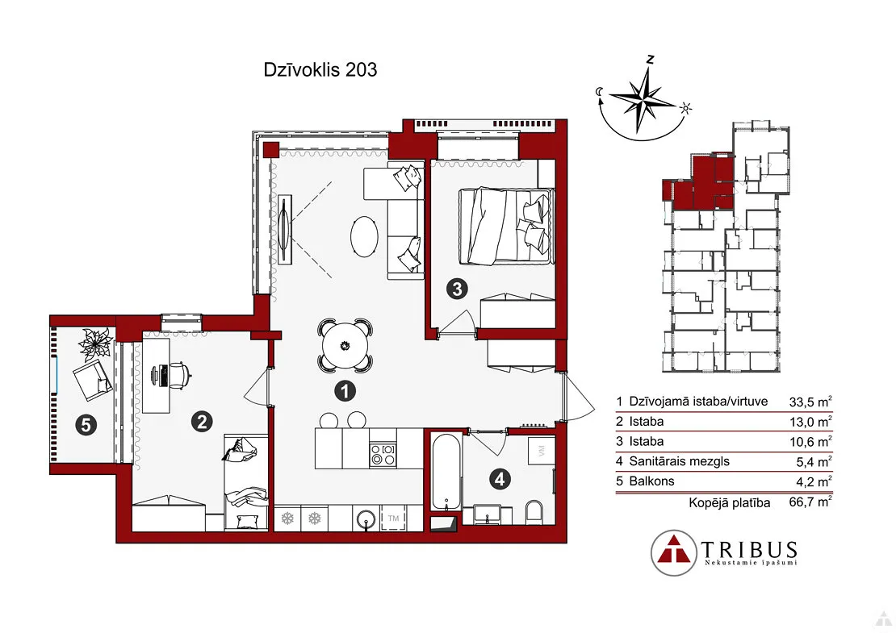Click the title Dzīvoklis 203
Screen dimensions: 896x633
click(320, 69)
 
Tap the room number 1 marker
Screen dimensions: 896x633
click(345, 391)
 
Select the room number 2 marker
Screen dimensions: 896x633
click(202, 422)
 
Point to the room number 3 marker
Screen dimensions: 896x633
click(457, 289)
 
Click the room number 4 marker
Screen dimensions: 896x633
click(500, 479)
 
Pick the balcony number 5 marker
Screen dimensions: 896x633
click(86, 425)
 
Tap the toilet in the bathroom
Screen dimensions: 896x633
click(534, 512)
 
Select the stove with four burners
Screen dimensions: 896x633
click(383, 455)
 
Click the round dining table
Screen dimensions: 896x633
click(345, 345)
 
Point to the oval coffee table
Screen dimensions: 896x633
click(363, 236)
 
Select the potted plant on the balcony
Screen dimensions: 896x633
click(94, 344)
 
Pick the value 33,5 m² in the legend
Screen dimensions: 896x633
click(810, 402)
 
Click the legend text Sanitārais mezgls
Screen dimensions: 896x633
click(680, 461)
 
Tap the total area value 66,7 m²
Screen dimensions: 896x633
click(810, 502)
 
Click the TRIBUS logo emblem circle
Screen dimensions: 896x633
click(674, 552)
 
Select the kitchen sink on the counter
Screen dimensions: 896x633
click(366, 518)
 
